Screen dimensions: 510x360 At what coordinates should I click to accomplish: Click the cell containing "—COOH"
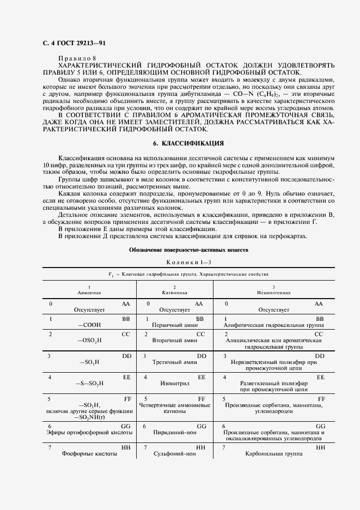[89, 325]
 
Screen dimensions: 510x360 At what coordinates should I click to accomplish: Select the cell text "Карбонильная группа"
[274, 454]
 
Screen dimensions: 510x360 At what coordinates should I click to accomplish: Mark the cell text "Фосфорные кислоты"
[89, 454]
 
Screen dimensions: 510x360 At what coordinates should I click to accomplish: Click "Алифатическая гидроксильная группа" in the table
[274, 325]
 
